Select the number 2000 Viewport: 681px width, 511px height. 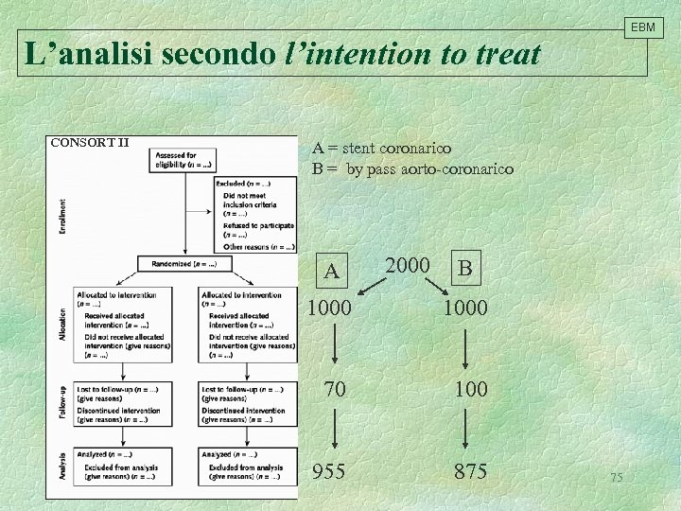pyautogui.click(x=409, y=266)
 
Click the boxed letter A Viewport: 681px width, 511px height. pyautogui.click(x=331, y=272)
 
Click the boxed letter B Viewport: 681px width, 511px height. pyautogui.click(x=465, y=269)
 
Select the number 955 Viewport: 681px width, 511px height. pyautogui.click(x=329, y=470)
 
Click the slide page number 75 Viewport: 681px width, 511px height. pyautogui.click(x=617, y=478)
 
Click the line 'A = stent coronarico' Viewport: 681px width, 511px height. pyautogui.click(x=382, y=148)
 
